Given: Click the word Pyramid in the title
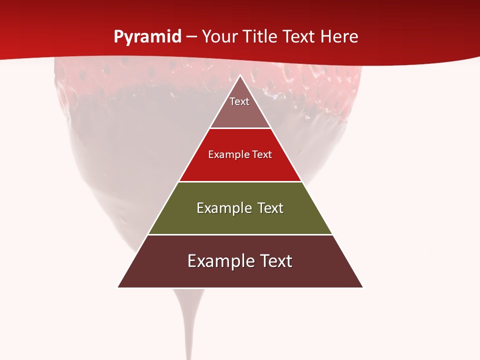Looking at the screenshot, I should [147, 37].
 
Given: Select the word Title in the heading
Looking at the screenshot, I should [261, 37].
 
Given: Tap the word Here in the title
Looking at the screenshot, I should [339, 37].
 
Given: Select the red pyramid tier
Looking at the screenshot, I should [240, 167].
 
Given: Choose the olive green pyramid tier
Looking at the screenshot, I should [240, 220].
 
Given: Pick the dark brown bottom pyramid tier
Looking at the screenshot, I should [240, 275].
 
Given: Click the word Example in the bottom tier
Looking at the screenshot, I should [220, 261].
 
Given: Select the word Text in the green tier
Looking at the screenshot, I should [270, 208].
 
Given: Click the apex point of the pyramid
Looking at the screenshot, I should [240, 76].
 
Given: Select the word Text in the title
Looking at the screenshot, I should [299, 37].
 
